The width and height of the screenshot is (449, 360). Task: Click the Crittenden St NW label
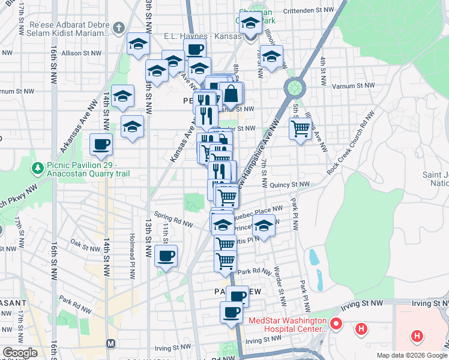click(309, 10)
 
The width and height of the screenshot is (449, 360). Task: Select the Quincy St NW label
click(289, 185)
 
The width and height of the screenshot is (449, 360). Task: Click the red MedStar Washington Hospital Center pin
click(336, 326)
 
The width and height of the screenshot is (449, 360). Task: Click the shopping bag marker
click(232, 93)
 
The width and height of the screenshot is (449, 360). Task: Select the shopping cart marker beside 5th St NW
click(300, 128)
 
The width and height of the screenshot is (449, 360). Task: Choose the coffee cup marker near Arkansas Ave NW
click(101, 144)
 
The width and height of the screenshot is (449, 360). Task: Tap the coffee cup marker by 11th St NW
click(166, 256)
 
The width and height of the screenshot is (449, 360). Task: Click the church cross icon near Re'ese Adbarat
click(119, 28)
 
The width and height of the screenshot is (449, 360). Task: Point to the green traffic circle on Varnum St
click(295, 88)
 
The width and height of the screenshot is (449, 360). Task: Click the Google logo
click(20, 353)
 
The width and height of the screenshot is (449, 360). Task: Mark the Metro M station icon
click(110, 343)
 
